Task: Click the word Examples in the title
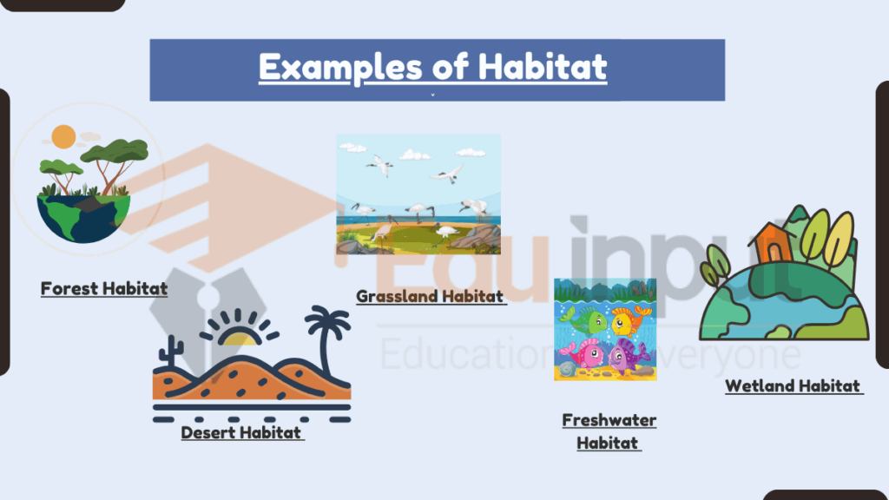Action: [340, 67]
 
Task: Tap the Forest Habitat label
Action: [104, 288]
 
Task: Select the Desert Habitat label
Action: [241, 432]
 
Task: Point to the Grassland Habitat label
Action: [430, 296]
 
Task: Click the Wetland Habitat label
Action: [793, 386]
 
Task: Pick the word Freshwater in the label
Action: [609, 420]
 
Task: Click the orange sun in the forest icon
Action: [63, 136]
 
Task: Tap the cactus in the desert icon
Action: [171, 352]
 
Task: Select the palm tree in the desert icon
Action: [327, 341]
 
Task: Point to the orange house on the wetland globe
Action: [771, 243]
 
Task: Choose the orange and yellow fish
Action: [629, 321]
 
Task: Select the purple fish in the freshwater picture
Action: [629, 356]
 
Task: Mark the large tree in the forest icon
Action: [115, 163]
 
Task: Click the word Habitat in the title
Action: [543, 67]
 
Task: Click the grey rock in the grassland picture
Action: [475, 238]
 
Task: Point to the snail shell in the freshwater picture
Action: [568, 370]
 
